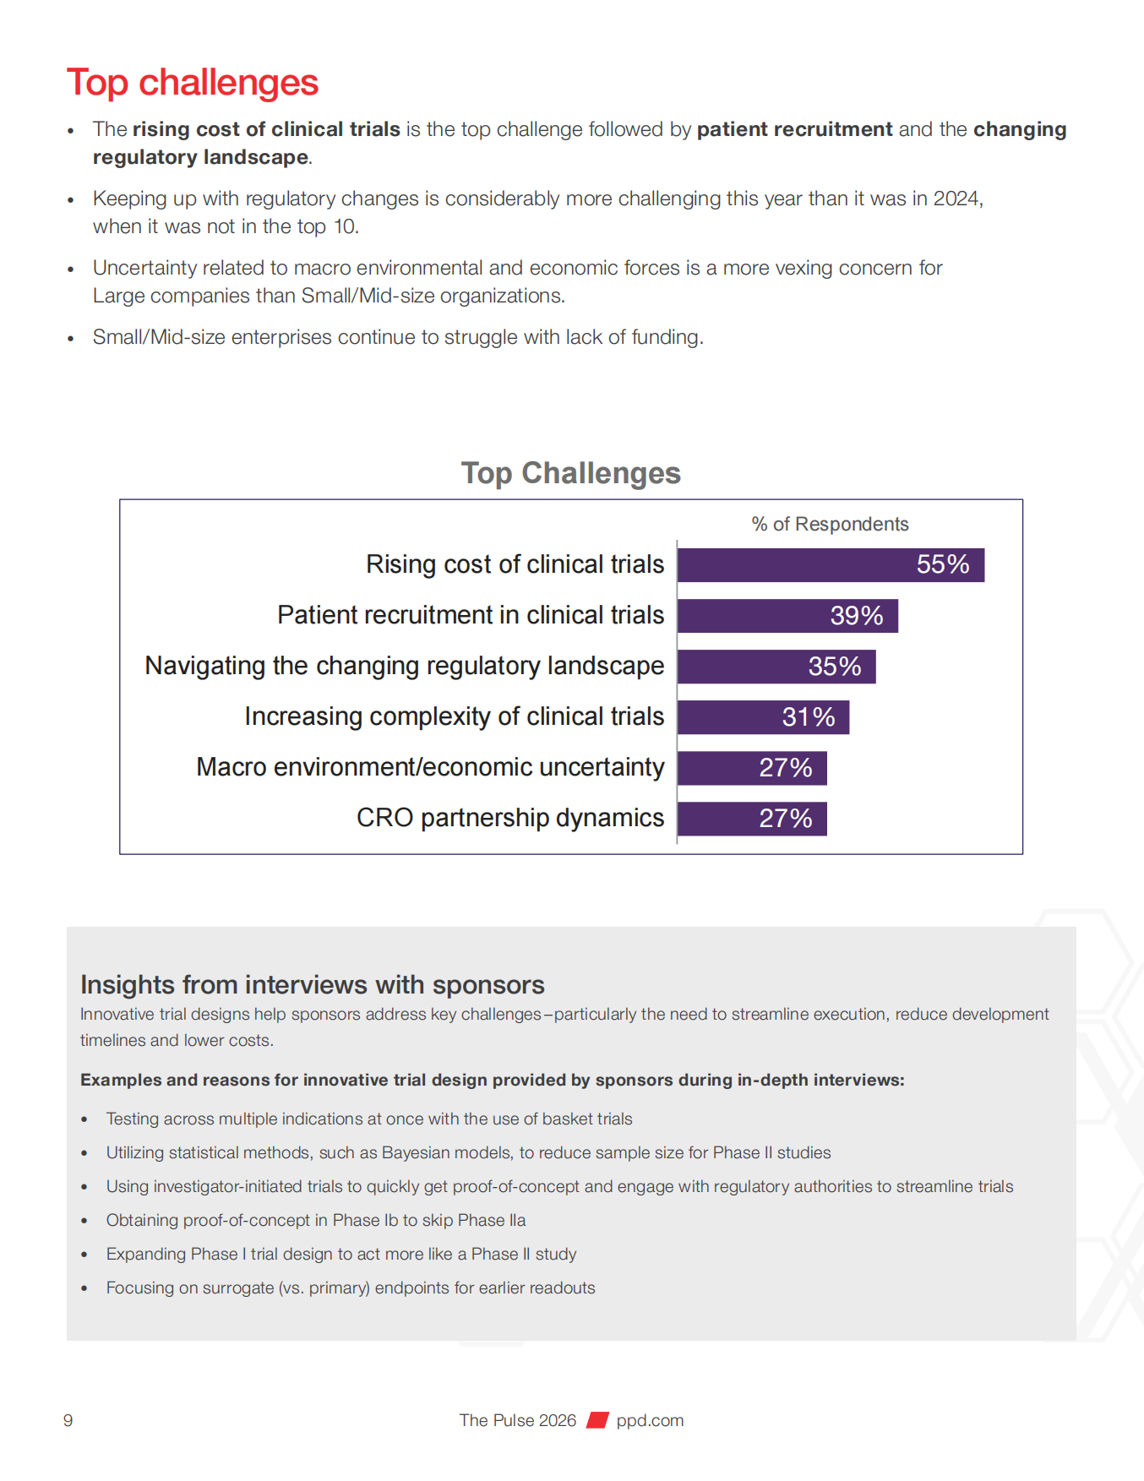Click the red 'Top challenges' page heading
(x=193, y=83)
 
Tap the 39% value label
(x=856, y=616)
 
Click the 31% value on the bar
(x=808, y=717)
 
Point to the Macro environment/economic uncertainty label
(x=430, y=767)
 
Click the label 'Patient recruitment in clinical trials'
(x=471, y=615)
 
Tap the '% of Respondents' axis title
(x=830, y=524)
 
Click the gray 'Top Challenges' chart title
(x=570, y=473)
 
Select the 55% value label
(x=942, y=564)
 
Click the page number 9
(x=68, y=1420)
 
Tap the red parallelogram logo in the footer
(x=597, y=1420)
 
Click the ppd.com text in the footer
(x=650, y=1420)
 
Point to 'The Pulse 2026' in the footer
(x=517, y=1420)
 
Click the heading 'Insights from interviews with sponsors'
(x=312, y=984)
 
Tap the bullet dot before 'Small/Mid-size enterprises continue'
(x=71, y=339)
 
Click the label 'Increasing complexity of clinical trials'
(x=454, y=716)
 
